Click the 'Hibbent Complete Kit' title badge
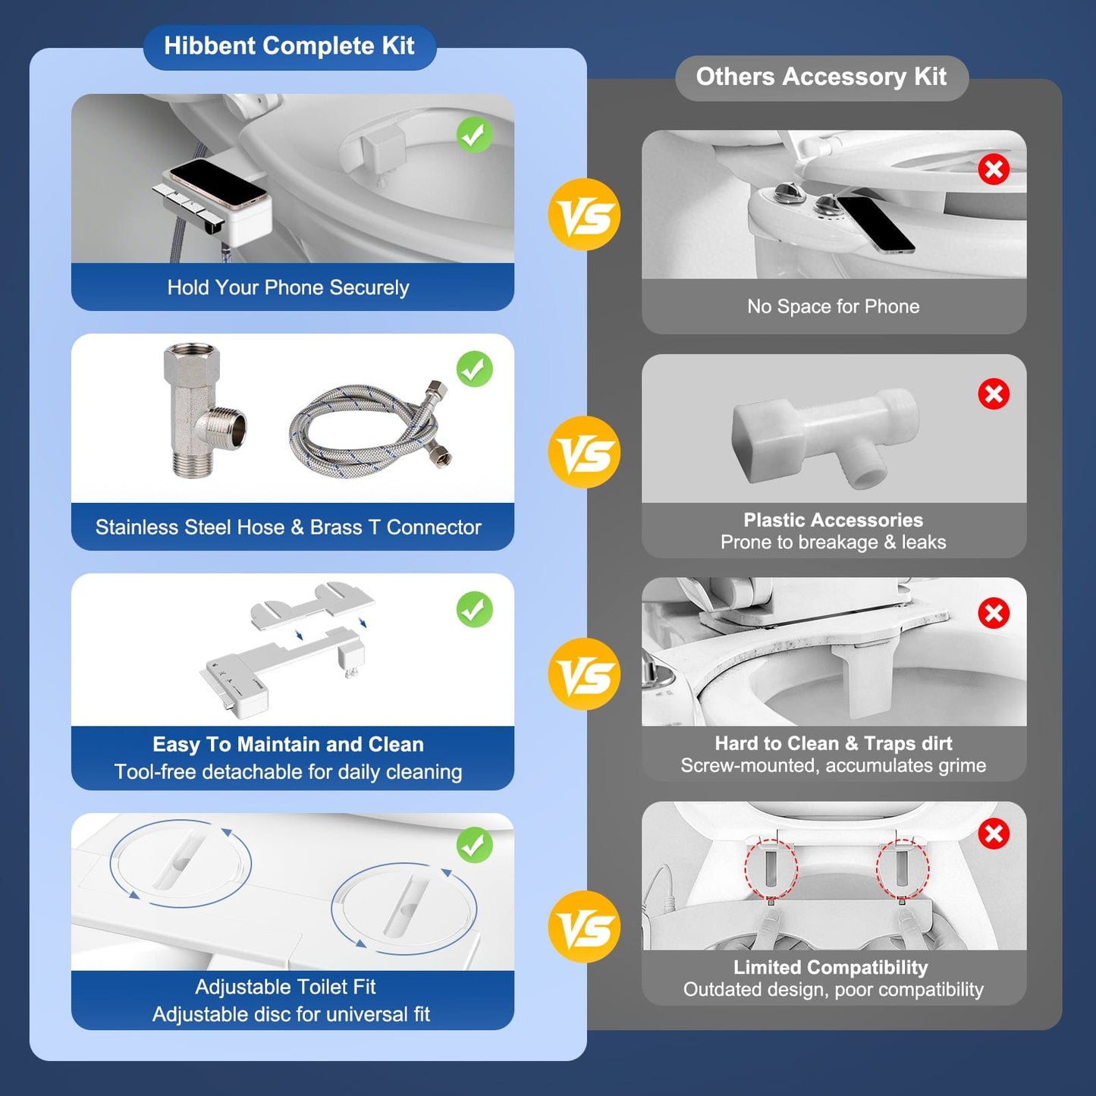tap(289, 47)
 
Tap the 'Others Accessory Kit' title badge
tap(821, 77)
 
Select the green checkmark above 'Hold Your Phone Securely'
tap(475, 136)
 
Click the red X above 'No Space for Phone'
tap(994, 169)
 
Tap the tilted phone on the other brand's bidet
tap(875, 225)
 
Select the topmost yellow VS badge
tap(584, 215)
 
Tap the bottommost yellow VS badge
tap(584, 927)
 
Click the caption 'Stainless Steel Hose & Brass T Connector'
tap(288, 527)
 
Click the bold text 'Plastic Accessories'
tap(833, 520)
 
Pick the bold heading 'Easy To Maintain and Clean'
tap(288, 744)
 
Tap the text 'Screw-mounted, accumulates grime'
tap(833, 766)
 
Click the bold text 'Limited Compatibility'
tap(831, 968)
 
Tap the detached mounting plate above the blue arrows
tap(312, 604)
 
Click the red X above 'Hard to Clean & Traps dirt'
tap(994, 613)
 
